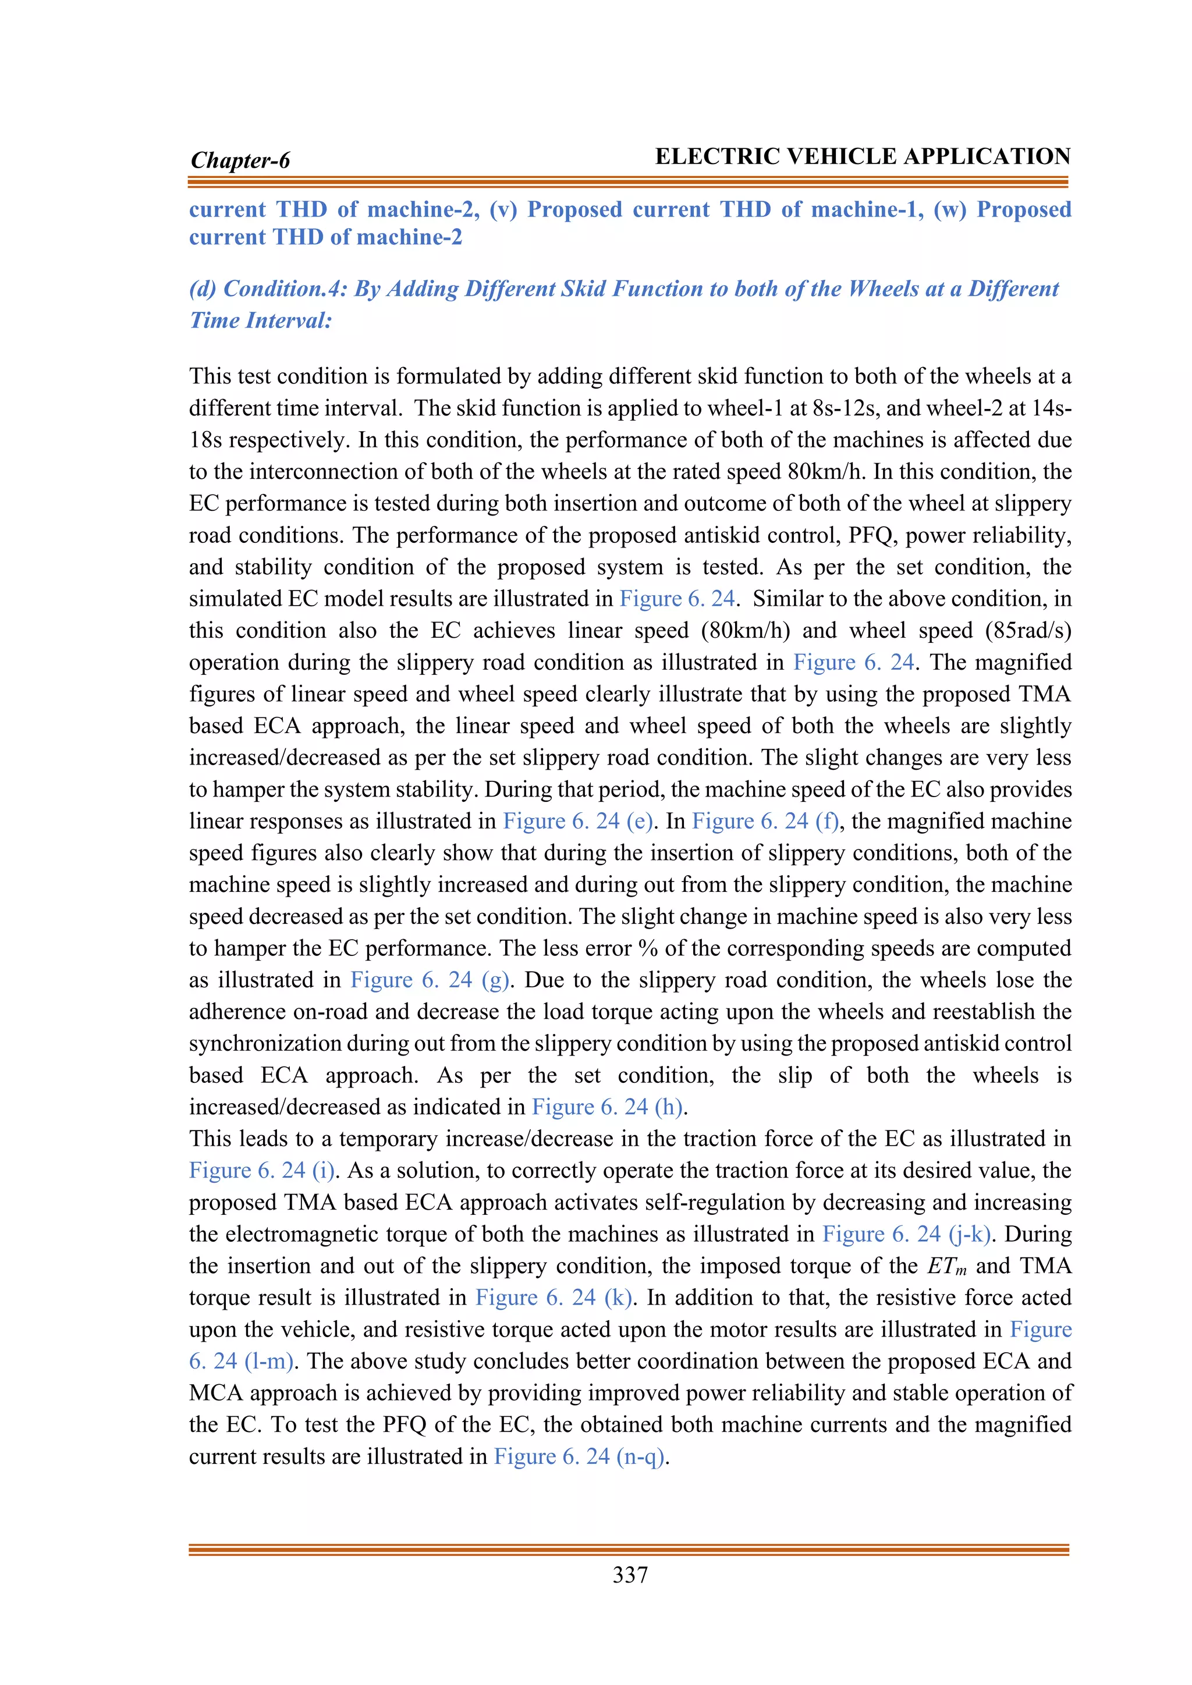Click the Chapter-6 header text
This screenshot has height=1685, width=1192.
pos(240,160)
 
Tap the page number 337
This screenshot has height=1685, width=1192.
pos(630,1574)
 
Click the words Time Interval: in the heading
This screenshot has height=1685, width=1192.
pos(261,320)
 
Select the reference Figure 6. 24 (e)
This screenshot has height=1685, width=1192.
pos(577,820)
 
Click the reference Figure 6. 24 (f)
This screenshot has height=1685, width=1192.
pos(765,820)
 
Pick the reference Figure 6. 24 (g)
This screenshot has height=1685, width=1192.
pos(430,980)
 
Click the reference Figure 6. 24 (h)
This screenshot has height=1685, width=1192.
pos(608,1107)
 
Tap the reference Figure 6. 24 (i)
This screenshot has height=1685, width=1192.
pos(262,1170)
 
